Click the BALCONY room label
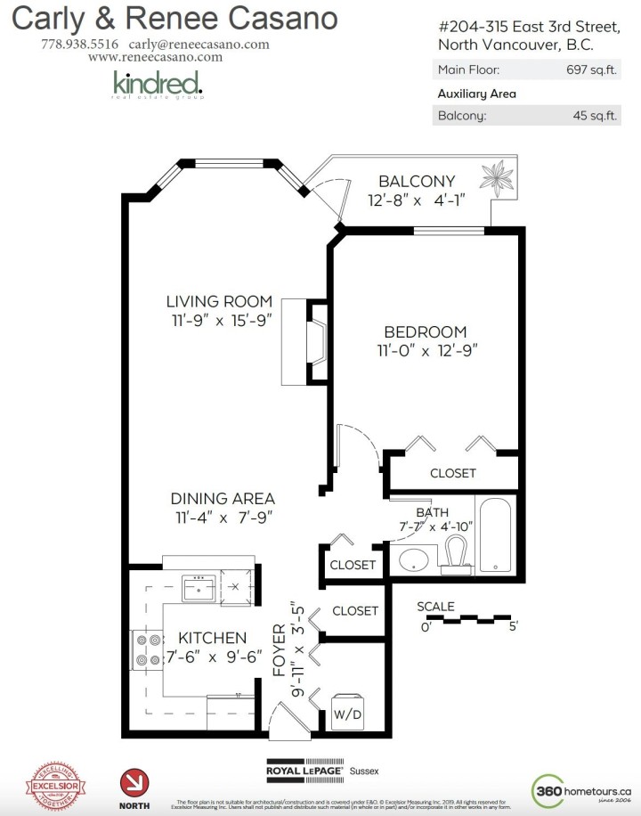click(417, 181)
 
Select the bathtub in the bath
click(495, 534)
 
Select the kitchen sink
click(195, 588)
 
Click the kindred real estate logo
click(158, 85)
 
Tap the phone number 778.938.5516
click(79, 44)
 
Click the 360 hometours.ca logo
click(581, 788)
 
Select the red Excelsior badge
click(57, 785)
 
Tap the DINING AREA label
click(223, 499)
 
